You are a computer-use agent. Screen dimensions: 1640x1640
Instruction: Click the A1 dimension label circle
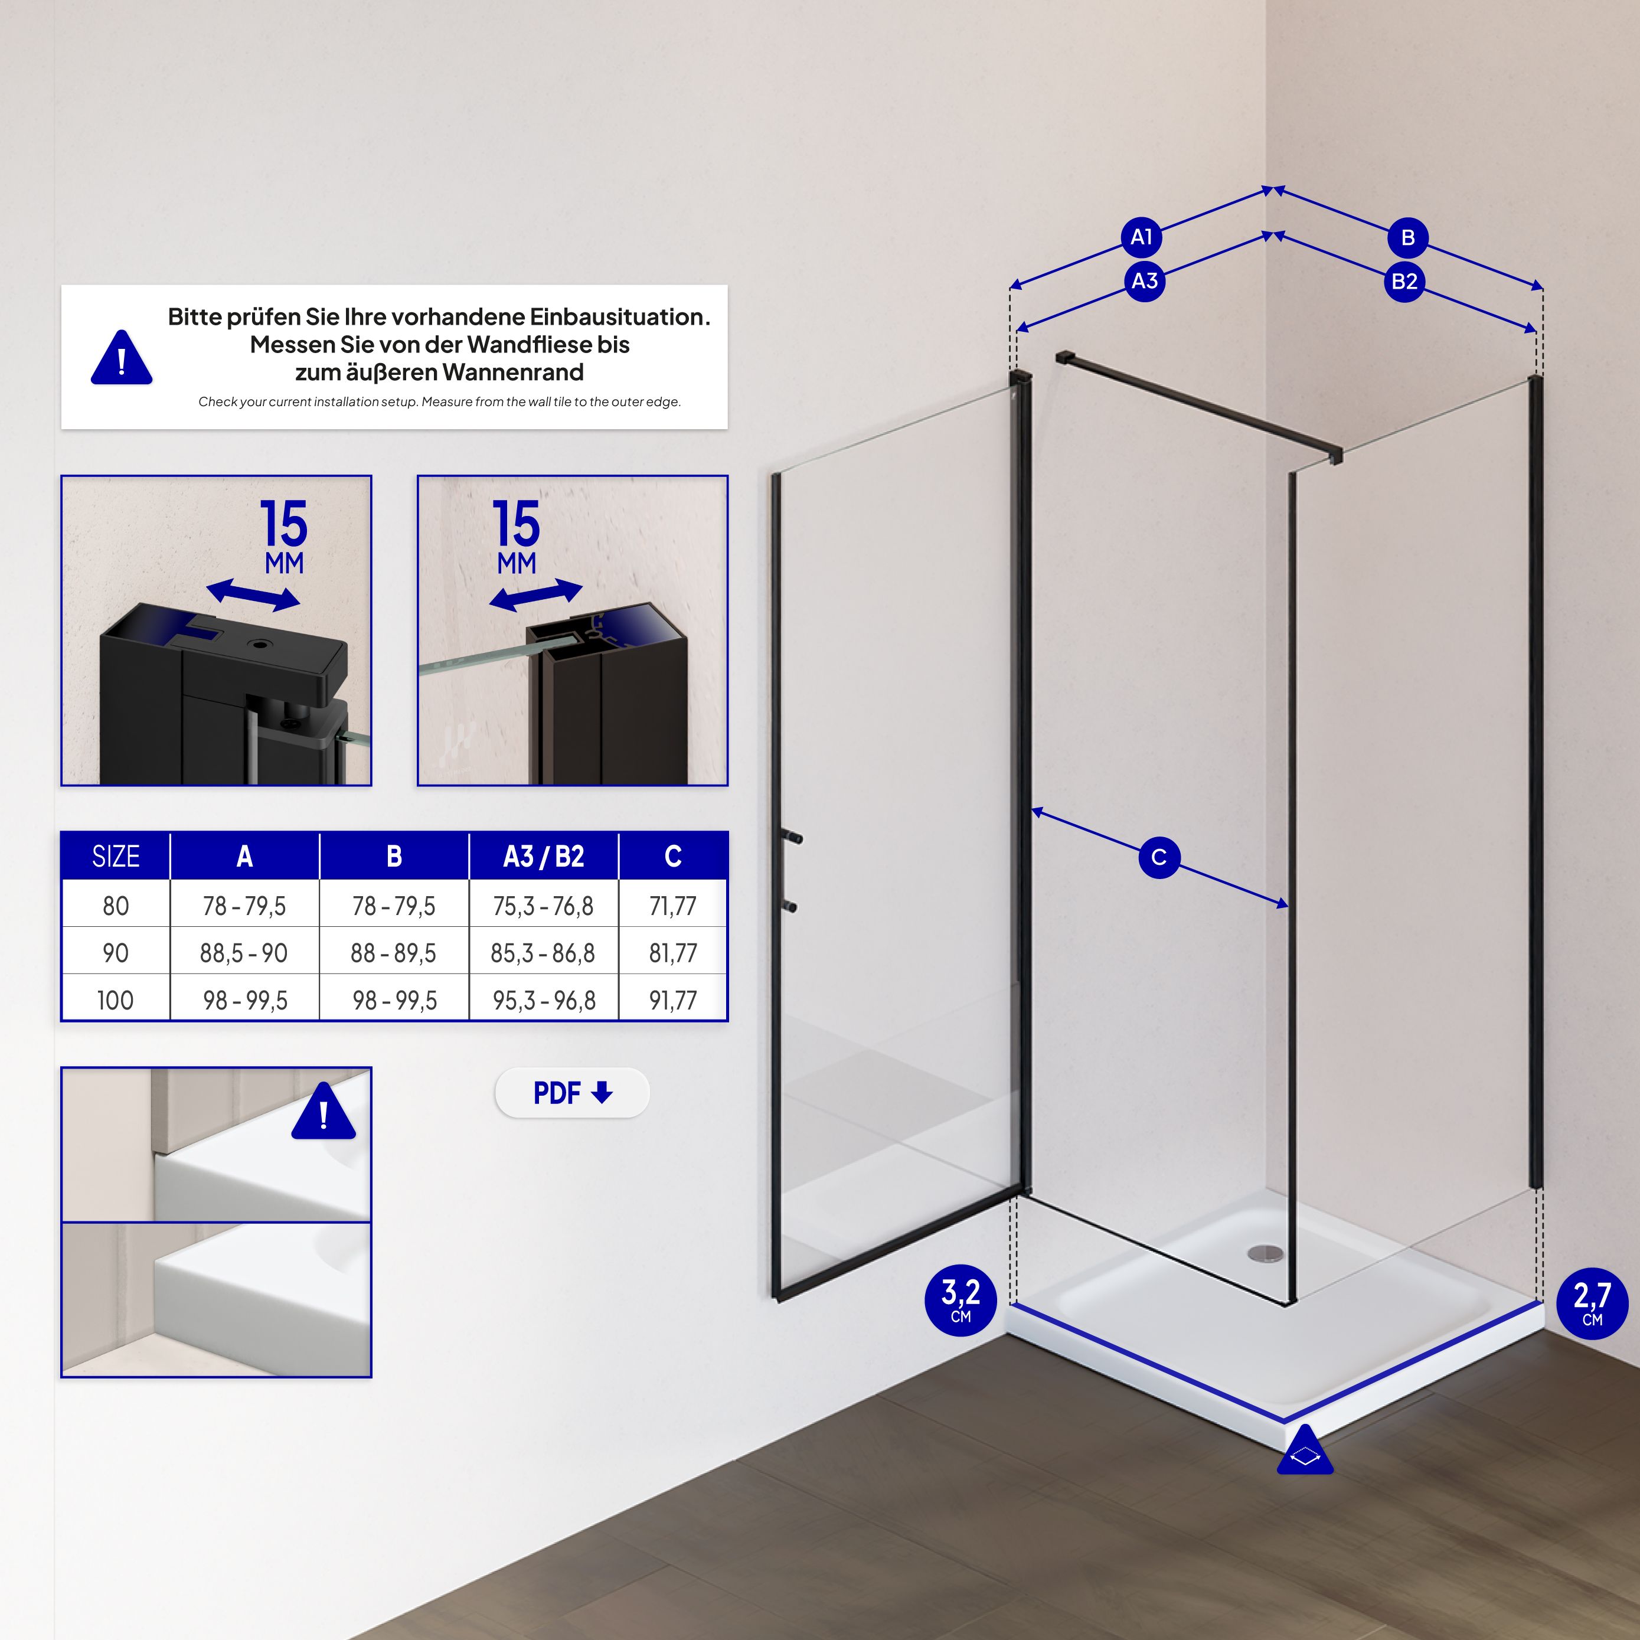tap(1142, 237)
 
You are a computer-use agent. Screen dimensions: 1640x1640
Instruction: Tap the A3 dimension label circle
tap(1144, 280)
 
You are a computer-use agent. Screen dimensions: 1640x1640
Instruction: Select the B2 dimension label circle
tap(1404, 281)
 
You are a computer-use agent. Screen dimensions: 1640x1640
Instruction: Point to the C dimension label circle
tap(1159, 857)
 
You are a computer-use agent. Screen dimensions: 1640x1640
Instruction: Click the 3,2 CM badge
tap(960, 1301)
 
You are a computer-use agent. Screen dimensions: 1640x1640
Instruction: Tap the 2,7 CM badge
tap(1592, 1303)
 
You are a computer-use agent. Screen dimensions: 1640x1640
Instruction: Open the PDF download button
tap(572, 1093)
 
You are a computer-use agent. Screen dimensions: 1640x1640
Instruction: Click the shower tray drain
tap(1266, 1252)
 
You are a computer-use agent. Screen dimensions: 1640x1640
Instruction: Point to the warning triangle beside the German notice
tap(122, 357)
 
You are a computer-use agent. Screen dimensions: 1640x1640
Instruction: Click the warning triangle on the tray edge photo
tap(324, 1111)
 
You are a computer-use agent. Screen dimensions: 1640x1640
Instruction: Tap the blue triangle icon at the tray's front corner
tap(1305, 1450)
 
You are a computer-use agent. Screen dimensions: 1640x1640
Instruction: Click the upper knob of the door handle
tap(795, 839)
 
